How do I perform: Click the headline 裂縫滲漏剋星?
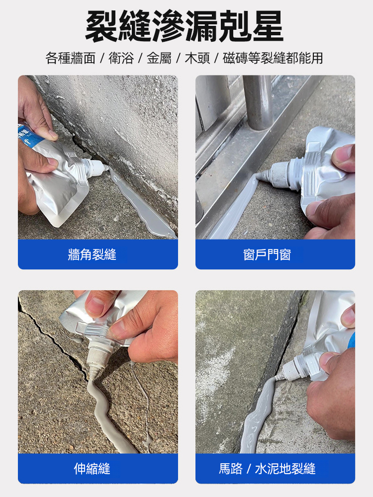(184, 26)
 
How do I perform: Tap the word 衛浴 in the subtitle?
(121, 58)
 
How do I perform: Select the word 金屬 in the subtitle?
(159, 58)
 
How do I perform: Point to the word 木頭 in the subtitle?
(197, 58)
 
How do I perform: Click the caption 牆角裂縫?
(92, 254)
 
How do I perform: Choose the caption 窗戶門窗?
(267, 254)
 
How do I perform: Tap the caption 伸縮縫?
(92, 469)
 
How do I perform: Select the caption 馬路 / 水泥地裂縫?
(267, 469)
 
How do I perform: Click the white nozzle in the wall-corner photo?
(94, 167)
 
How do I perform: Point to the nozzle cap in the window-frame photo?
(279, 173)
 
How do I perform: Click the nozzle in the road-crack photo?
(293, 369)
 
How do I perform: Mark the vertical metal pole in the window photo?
(258, 102)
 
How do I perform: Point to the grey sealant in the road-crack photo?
(258, 415)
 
